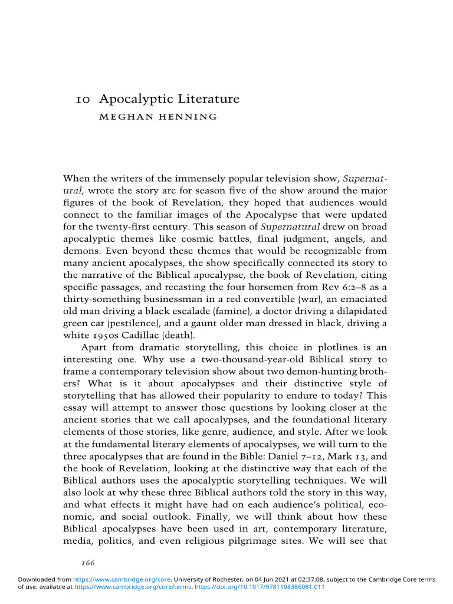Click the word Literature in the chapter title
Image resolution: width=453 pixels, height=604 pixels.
[x=209, y=99]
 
